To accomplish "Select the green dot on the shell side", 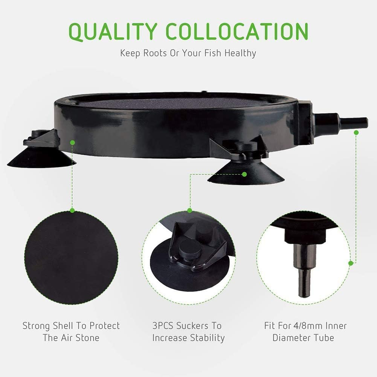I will [72, 142].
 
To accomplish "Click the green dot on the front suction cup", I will [244, 174].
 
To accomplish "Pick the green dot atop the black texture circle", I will [72, 211].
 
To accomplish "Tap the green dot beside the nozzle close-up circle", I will [351, 263].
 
